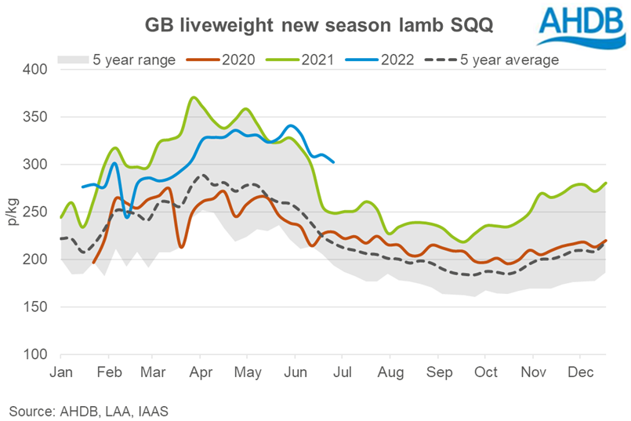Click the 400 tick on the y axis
[36, 70]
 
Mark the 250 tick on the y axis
[36, 212]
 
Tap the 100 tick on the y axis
[36, 354]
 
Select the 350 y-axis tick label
[36, 118]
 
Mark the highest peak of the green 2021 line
[194, 97]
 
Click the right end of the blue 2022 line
[334, 162]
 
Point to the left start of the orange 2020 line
[93, 263]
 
